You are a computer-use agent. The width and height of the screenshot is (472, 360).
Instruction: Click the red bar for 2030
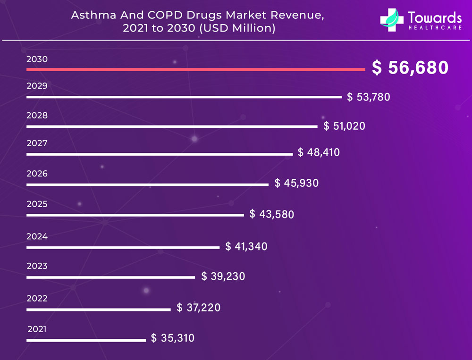click(x=195, y=70)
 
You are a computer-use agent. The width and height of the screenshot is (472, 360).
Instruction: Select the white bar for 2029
click(x=184, y=97)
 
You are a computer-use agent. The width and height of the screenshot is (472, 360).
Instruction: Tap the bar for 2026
click(x=147, y=184)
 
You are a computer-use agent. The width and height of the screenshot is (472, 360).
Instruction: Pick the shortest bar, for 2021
click(x=86, y=340)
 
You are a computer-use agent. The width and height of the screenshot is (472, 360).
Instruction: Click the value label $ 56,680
click(x=410, y=68)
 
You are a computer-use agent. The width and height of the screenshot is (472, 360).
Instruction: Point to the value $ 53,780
click(x=369, y=97)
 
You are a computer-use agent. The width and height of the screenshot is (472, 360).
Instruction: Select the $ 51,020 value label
click(x=345, y=126)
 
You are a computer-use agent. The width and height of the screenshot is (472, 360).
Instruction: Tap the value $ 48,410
click(x=319, y=152)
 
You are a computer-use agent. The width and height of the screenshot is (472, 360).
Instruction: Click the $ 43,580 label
click(x=272, y=214)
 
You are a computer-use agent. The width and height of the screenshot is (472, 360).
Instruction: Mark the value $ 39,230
click(x=223, y=276)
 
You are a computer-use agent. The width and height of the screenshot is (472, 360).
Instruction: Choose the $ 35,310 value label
click(x=173, y=338)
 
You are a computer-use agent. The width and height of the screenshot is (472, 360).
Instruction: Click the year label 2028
click(x=37, y=115)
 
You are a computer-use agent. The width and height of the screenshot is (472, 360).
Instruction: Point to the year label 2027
click(x=37, y=143)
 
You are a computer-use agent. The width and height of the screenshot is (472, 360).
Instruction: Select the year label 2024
click(x=37, y=236)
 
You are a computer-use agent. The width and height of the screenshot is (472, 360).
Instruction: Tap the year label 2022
click(x=37, y=298)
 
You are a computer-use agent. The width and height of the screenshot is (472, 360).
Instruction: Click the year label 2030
click(x=37, y=59)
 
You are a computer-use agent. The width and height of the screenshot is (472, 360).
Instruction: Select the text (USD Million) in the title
click(x=237, y=28)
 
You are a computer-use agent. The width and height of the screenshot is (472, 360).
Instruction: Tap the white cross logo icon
click(x=392, y=20)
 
